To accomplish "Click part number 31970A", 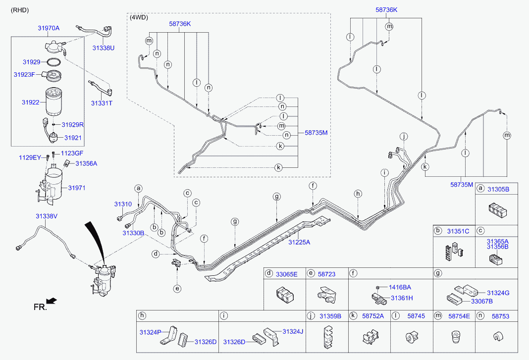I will coord(49,28).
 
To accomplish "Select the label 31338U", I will coord(103,48).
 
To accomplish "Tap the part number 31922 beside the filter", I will coord(30,102).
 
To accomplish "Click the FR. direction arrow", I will coord(51,300).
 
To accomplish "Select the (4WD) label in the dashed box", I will coord(138,17).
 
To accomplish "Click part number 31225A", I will coord(299,242).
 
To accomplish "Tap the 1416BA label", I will coord(400,287).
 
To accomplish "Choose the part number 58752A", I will coord(373,315).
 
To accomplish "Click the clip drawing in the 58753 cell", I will coord(498,337).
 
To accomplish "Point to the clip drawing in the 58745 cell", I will coord(411,338).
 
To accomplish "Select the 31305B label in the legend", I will coord(498,189).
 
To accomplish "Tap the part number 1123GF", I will coord(72,154).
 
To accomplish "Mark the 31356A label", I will coord(86,163).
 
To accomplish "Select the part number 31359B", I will coord(330,315).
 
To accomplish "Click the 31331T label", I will coord(102,103).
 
